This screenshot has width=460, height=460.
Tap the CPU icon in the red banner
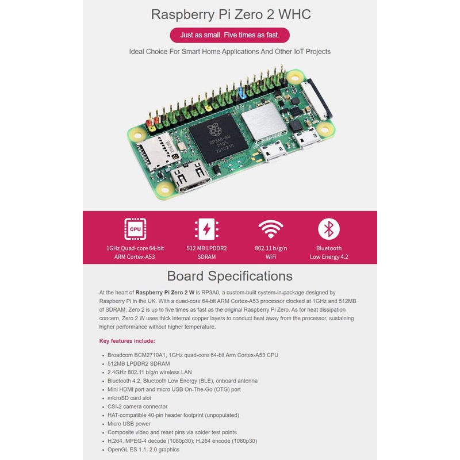pos(135,229)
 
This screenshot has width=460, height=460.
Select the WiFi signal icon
pos(270,229)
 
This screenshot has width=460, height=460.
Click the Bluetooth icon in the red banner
pos(329,229)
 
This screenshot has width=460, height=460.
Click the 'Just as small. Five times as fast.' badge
pos(229,35)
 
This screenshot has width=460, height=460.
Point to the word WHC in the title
pos(293,14)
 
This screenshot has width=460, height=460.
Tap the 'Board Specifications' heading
pos(229,276)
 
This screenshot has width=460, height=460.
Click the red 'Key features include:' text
pos(127,341)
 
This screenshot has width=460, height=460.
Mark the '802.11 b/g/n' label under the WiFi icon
pos(270,248)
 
